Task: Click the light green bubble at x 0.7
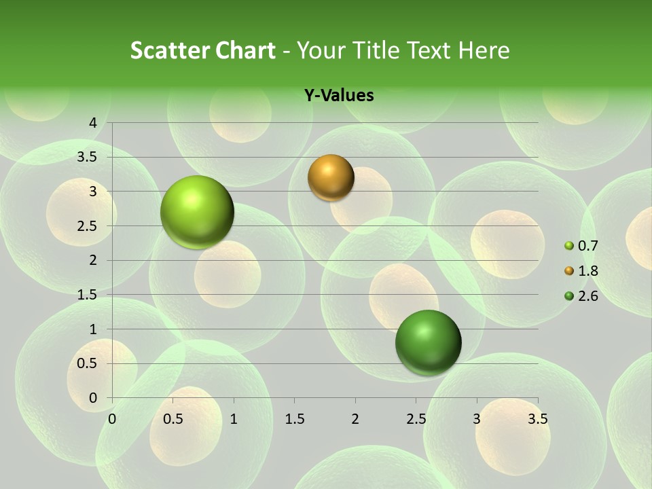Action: click(197, 212)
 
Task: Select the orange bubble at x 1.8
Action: click(331, 177)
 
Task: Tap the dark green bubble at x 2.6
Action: click(428, 342)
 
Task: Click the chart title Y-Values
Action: click(339, 96)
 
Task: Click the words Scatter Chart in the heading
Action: click(203, 50)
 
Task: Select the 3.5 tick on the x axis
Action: click(537, 419)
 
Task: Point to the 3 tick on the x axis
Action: click(477, 419)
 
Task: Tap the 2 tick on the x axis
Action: click(355, 419)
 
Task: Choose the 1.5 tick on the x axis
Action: click(294, 419)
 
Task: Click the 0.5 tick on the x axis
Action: click(173, 419)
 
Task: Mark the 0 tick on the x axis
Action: click(112, 419)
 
